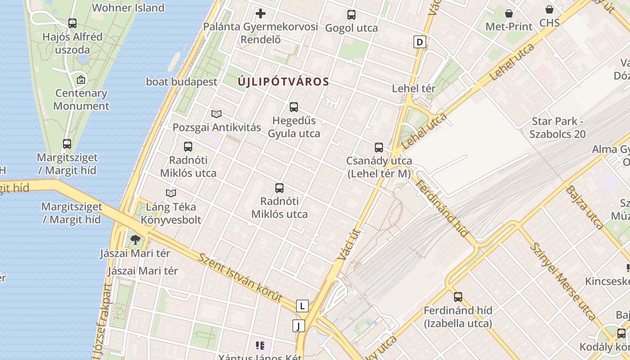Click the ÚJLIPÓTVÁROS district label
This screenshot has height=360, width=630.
click(x=283, y=82)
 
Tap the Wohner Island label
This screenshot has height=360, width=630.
click(x=128, y=8)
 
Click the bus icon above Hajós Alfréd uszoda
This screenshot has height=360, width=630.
click(x=72, y=23)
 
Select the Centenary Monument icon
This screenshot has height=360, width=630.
click(x=81, y=80)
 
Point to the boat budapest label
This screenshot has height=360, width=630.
click(x=181, y=82)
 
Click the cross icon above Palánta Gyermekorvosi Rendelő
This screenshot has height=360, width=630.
click(x=260, y=13)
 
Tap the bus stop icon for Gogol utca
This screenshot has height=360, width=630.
click(x=351, y=15)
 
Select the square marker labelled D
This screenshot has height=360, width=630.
click(x=419, y=42)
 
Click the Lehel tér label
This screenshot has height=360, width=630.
click(x=414, y=88)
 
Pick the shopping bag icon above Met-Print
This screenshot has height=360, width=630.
click(x=508, y=13)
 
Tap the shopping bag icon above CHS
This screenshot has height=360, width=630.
click(x=549, y=9)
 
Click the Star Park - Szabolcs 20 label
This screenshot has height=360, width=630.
click(x=558, y=128)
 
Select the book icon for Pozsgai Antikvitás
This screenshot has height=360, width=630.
click(x=216, y=114)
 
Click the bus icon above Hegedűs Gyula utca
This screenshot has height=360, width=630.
click(x=294, y=107)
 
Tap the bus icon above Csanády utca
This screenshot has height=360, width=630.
click(x=379, y=147)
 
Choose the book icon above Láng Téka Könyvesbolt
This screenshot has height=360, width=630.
click(x=171, y=193)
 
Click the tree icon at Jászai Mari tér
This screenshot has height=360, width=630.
click(x=135, y=239)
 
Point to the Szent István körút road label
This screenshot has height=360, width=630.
click(x=240, y=277)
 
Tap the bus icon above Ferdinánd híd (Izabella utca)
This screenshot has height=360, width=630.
click(x=458, y=297)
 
